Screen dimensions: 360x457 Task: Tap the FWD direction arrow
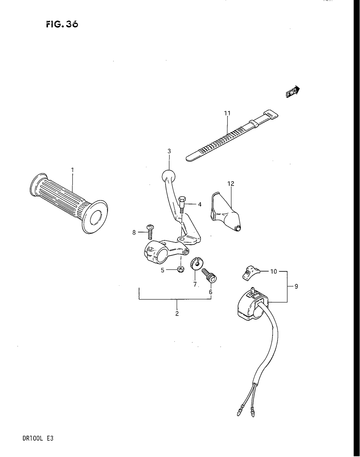(x=293, y=92)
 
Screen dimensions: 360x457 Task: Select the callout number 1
(x=72, y=169)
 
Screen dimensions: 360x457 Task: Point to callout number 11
(x=227, y=113)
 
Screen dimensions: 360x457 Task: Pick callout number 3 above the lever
(x=169, y=151)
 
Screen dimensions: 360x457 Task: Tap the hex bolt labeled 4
(x=182, y=204)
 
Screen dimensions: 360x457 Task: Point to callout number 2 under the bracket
(x=177, y=313)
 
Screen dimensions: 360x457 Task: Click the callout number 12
(x=231, y=184)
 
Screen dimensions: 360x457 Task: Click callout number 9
(x=296, y=286)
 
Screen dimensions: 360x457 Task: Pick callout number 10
(x=274, y=271)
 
